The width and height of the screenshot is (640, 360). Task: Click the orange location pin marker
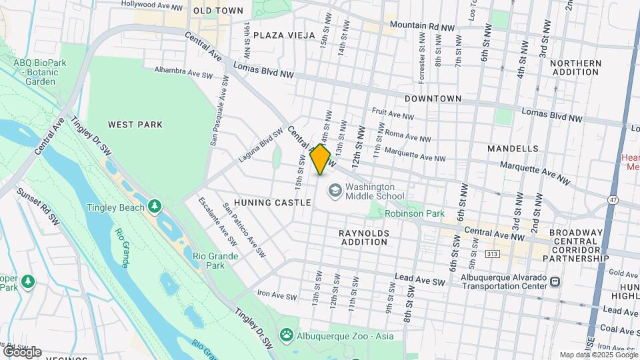(x=321, y=159)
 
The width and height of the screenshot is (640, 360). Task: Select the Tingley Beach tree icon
(x=155, y=207)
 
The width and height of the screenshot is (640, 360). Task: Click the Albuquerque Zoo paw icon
(x=287, y=333)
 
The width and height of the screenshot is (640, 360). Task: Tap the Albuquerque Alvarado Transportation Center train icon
(x=554, y=282)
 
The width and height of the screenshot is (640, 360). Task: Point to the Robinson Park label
(x=414, y=214)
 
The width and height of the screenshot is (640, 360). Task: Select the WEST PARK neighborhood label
(x=135, y=125)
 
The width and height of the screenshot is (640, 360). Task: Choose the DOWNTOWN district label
(x=433, y=99)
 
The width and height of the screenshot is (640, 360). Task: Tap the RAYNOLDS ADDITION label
(x=363, y=237)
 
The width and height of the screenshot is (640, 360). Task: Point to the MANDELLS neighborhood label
(x=513, y=148)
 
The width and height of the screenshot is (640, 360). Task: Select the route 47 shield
(x=613, y=200)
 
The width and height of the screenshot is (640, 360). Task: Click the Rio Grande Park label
(x=215, y=261)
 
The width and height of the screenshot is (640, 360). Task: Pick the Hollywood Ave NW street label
(x=152, y=5)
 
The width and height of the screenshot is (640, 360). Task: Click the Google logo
(x=22, y=352)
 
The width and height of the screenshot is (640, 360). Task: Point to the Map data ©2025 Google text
(x=599, y=355)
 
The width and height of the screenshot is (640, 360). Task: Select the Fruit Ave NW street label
(x=393, y=115)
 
